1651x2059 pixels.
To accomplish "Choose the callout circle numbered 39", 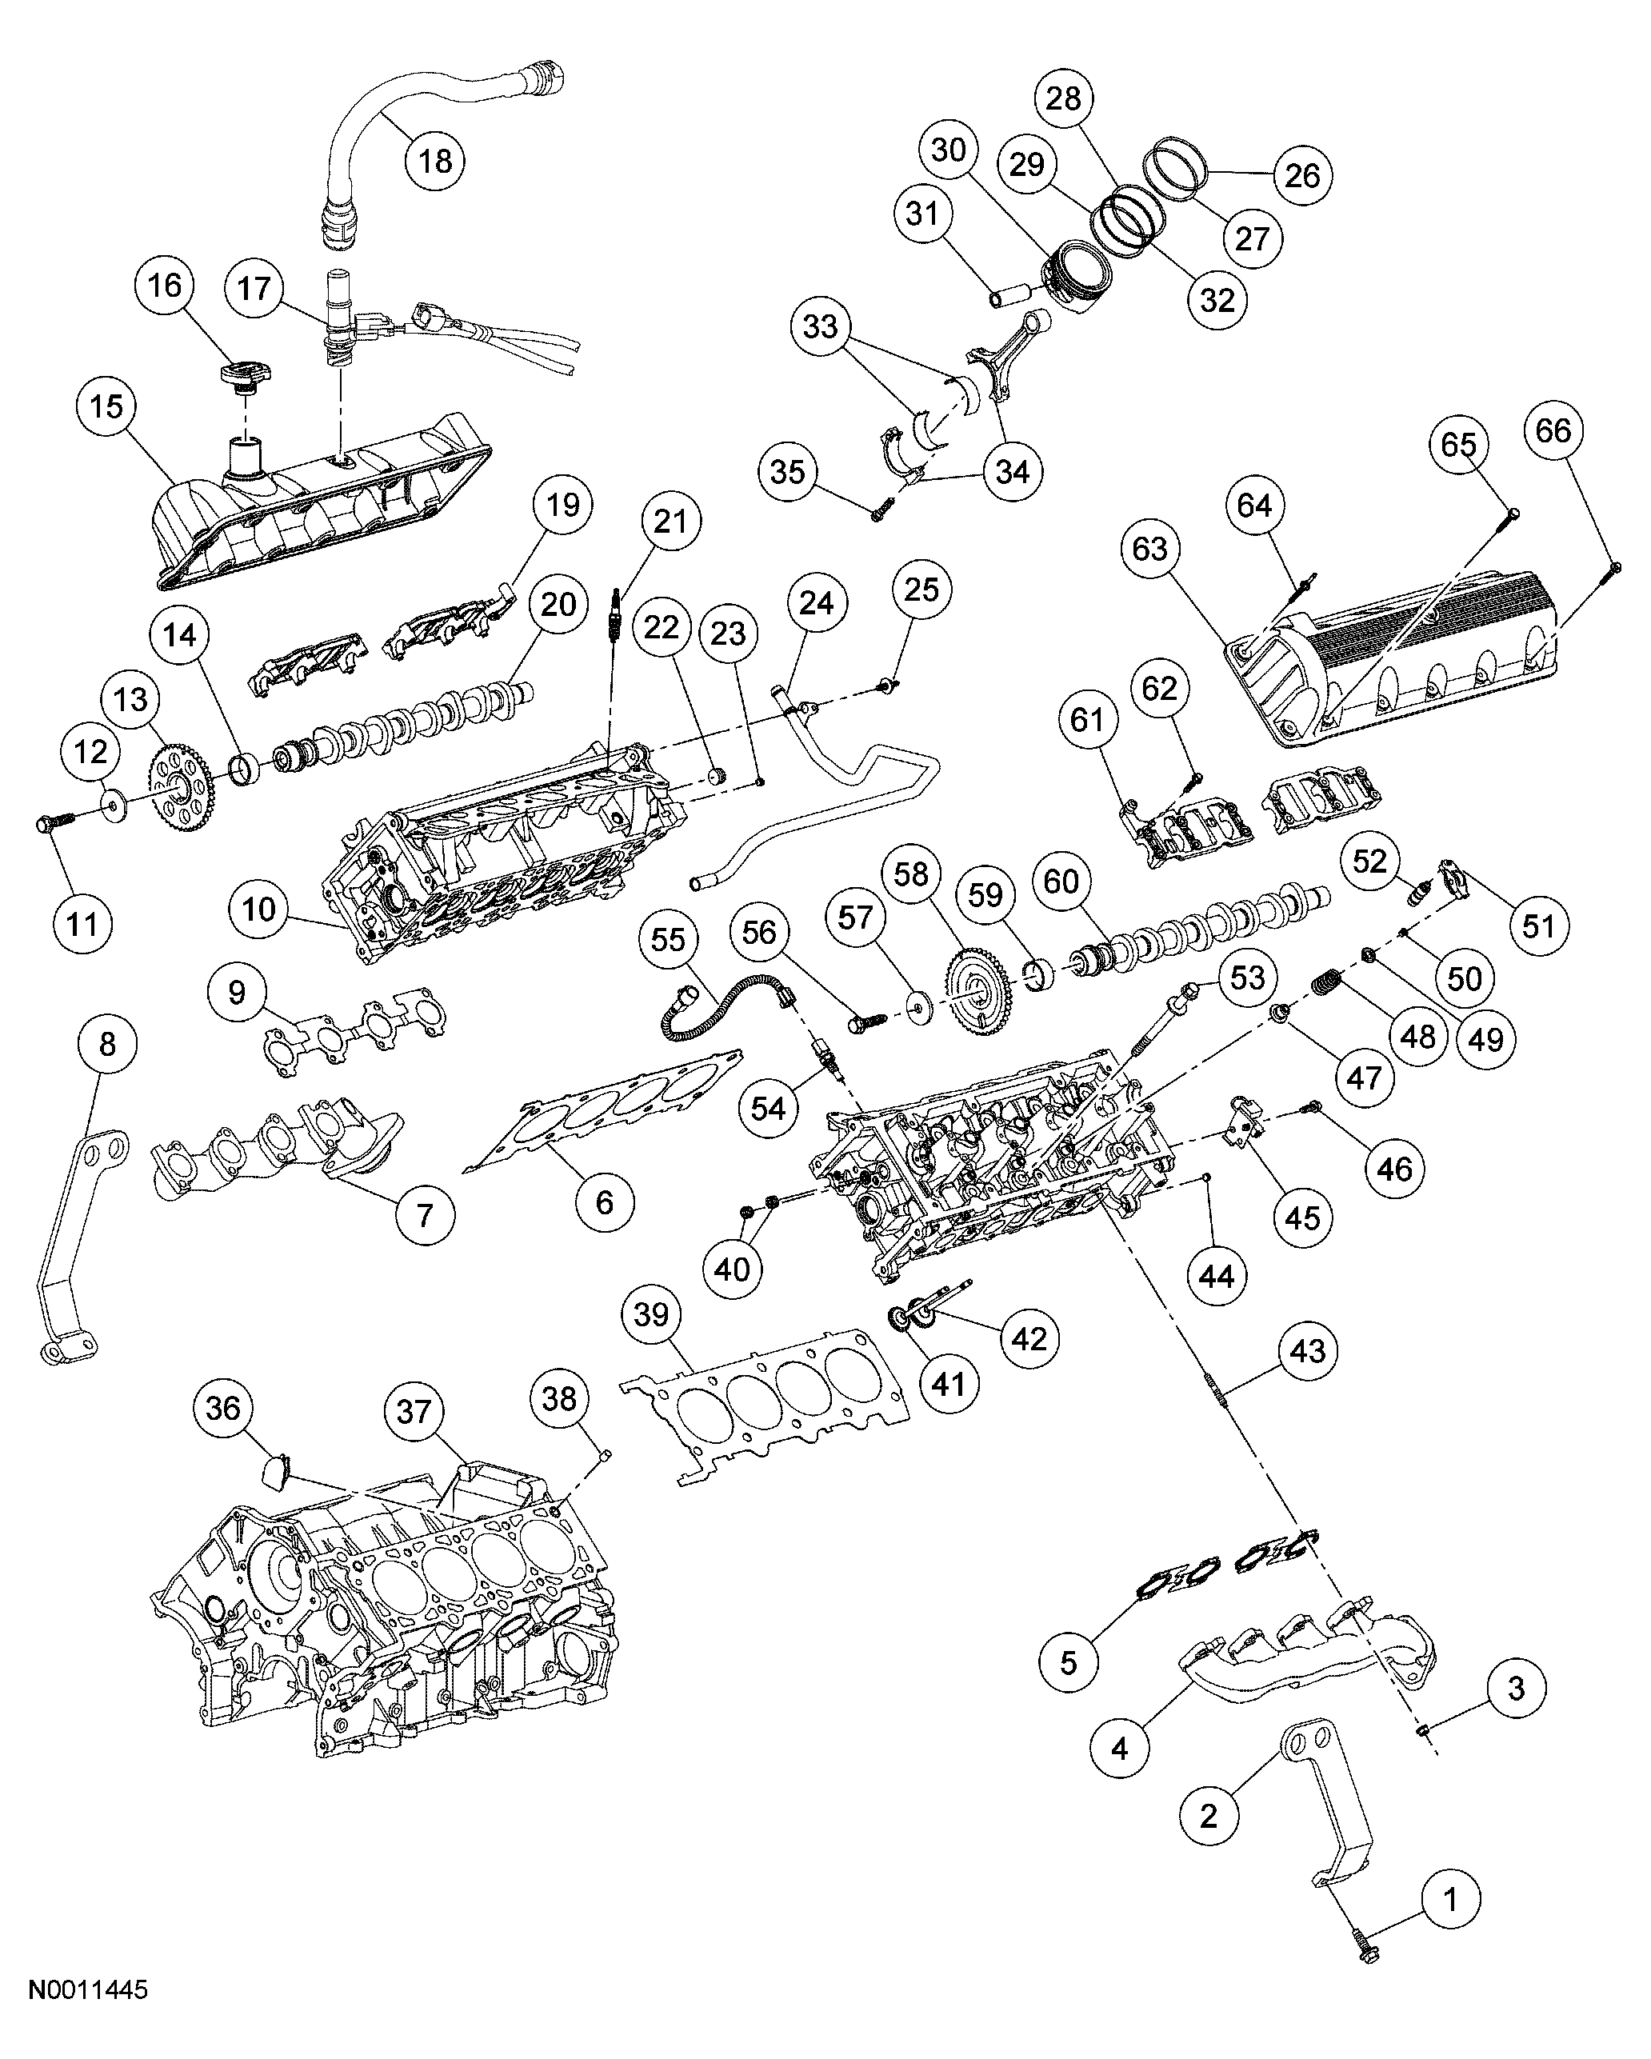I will click(651, 1315).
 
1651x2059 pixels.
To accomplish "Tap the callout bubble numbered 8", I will click(107, 1044).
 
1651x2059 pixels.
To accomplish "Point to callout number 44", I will click(1217, 1276).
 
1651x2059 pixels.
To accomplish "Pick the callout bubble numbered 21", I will click(670, 522).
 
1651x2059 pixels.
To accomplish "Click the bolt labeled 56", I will click(865, 1022).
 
